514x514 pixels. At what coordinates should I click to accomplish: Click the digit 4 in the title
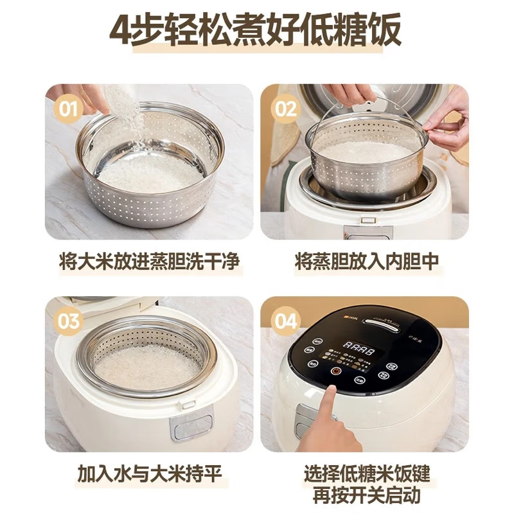[x=121, y=31]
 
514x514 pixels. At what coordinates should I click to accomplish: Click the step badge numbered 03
[x=69, y=319]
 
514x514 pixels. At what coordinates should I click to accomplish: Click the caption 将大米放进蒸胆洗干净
[x=149, y=261]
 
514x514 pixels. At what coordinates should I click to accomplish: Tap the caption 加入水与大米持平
[x=149, y=475]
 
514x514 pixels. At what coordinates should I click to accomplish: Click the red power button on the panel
[x=335, y=371]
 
